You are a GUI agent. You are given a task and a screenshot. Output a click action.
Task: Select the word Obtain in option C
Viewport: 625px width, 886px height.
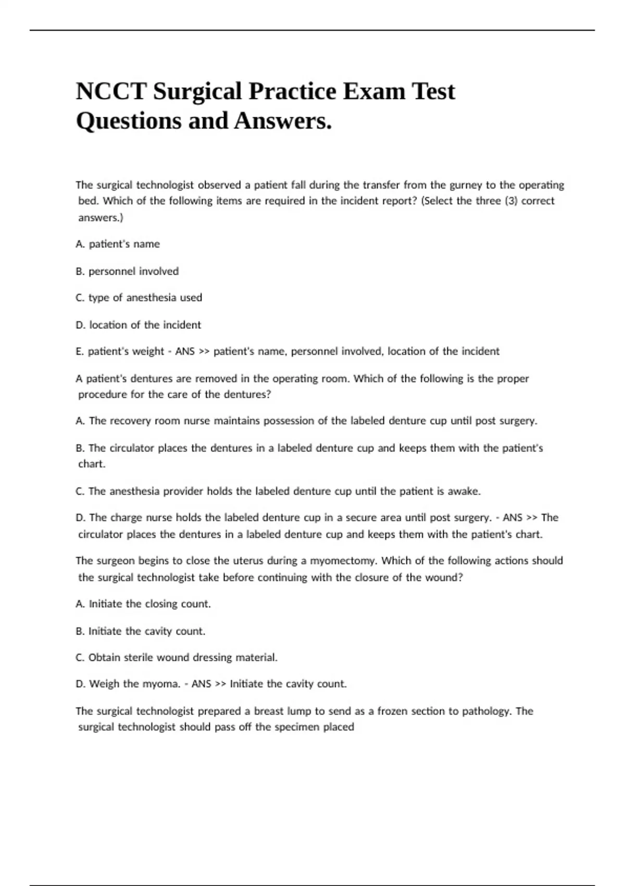[105, 658]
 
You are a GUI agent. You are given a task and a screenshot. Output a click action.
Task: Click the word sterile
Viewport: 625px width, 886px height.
[139, 658]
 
